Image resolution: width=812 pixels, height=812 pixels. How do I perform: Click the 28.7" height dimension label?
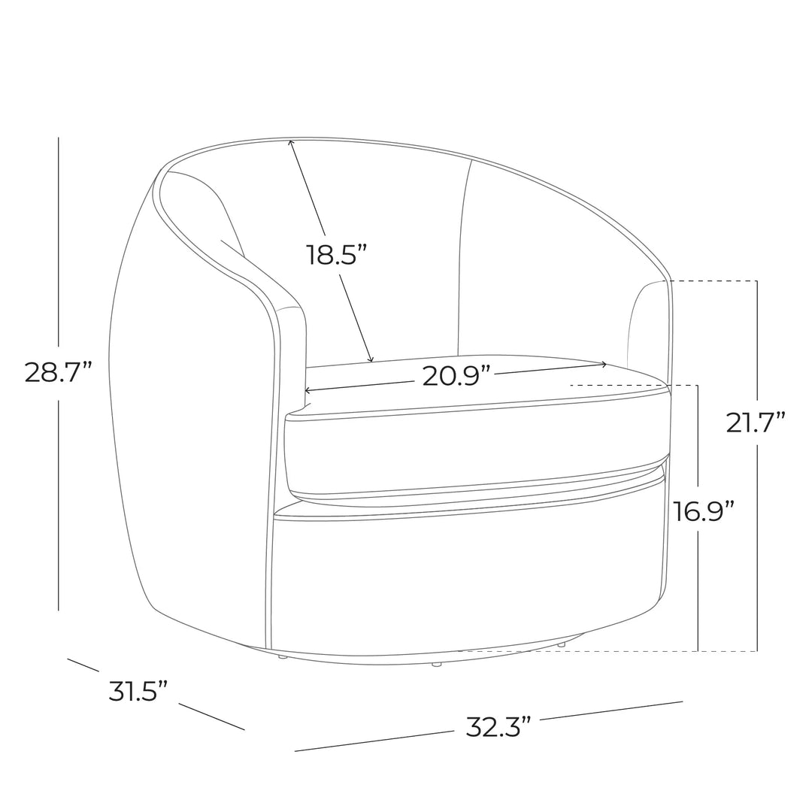[x=58, y=372]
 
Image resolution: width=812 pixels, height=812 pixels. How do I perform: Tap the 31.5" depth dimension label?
[x=138, y=691]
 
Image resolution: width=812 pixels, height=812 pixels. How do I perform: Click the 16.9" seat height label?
[x=704, y=511]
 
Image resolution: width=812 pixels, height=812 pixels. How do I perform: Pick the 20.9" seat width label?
[x=456, y=376]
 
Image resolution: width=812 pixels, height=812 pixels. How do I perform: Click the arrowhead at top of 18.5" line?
[x=291, y=142]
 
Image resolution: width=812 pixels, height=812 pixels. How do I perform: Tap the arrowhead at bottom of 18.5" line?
[x=370, y=359]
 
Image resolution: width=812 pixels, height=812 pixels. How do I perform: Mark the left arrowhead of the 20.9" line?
[x=307, y=390]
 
